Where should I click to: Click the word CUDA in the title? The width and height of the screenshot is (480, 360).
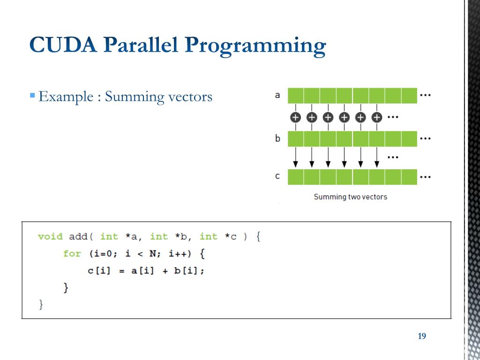coord(62,45)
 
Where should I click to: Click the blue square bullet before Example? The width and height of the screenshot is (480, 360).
coord(32,96)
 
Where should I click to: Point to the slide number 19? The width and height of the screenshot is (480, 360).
coord(421,336)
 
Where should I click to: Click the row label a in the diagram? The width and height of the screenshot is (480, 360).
coord(277,95)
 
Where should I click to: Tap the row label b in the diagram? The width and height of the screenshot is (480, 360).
coord(277,139)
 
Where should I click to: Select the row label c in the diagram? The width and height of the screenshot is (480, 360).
coord(277,176)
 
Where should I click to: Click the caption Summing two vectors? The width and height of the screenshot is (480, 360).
coord(350,197)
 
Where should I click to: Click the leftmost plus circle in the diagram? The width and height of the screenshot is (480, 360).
coord(295,117)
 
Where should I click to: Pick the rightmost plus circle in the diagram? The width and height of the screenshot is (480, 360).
coord(376,117)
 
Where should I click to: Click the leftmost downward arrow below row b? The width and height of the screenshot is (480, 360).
coord(295,157)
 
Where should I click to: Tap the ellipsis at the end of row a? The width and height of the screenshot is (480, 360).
coord(425,95)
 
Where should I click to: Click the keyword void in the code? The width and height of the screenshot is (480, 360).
coord(50,236)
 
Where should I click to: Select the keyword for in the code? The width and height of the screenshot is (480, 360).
coord(72,254)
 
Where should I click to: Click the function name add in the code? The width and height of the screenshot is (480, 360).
coord(78,236)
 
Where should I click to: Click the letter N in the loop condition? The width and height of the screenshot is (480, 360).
coord(153,254)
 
